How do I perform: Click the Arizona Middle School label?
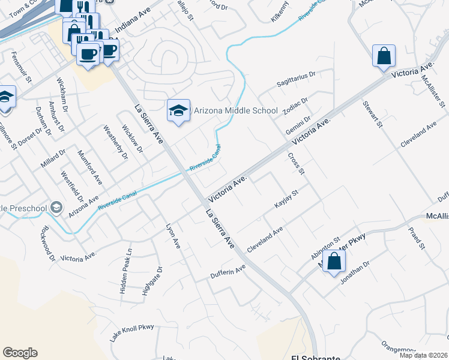[235, 111]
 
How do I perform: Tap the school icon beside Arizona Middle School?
[178, 110]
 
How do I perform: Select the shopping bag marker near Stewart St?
[384, 56]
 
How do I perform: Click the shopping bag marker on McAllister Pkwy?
[334, 262]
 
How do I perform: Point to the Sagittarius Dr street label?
[296, 79]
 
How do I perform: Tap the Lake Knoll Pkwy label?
[132, 333]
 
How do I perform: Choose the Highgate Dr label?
[151, 281]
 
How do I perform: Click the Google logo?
[20, 353]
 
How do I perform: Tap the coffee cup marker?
[88, 54]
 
